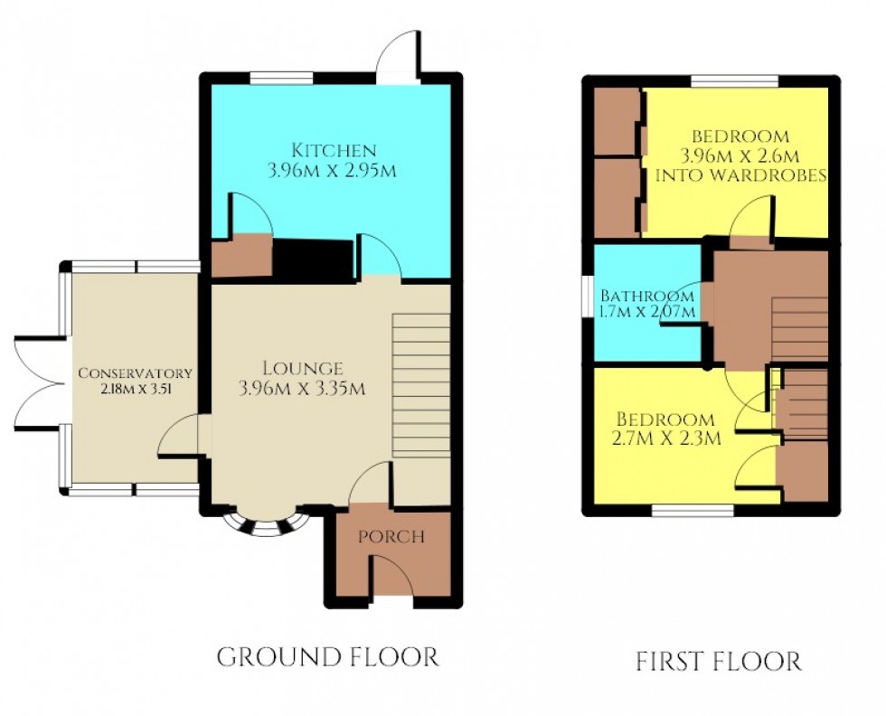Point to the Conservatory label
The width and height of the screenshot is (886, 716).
[135, 372]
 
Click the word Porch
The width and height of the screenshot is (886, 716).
[391, 536]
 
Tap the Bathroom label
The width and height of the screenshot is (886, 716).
[647, 296]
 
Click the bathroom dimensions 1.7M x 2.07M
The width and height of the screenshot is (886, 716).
[647, 312]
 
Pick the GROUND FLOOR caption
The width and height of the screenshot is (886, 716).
[327, 656]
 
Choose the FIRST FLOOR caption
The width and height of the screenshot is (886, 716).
[718, 661]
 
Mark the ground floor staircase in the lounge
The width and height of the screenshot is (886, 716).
[420, 384]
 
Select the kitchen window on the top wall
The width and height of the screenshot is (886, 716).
[275, 80]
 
